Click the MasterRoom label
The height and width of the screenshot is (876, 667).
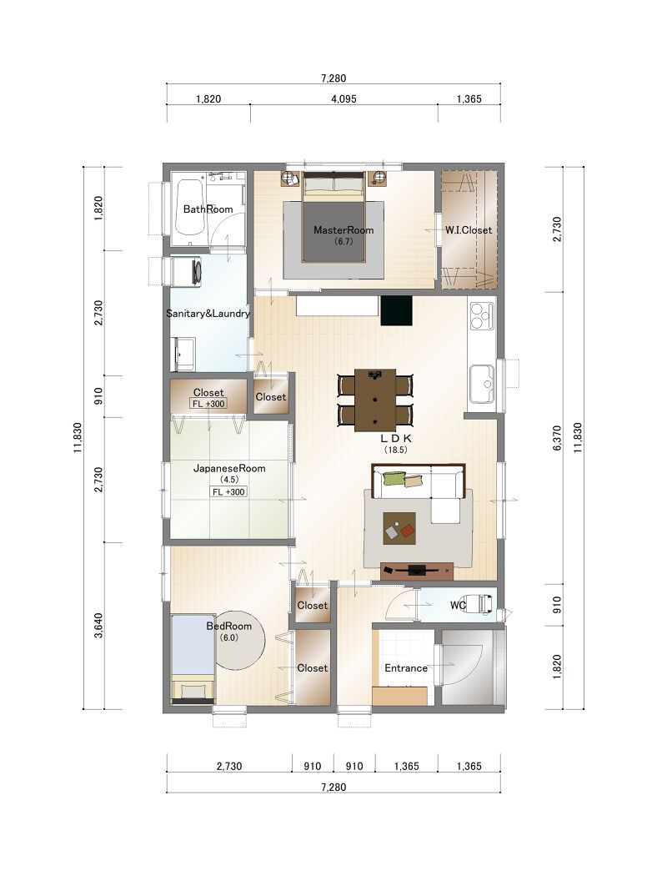[344, 229]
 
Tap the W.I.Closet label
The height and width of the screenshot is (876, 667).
[469, 229]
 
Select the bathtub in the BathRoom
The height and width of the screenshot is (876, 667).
[190, 208]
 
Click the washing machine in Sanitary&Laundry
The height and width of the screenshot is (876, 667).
[186, 271]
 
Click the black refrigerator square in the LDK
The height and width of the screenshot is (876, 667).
[396, 310]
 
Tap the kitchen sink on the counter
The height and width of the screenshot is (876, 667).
[481, 383]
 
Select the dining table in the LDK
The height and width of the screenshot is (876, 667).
[375, 400]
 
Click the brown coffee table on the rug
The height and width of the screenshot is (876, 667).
[399, 527]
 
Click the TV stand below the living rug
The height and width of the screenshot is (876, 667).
[417, 571]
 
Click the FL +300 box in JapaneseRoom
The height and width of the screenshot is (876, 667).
[228, 491]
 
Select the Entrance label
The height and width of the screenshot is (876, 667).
[406, 667]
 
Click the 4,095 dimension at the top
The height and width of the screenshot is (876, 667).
[344, 99]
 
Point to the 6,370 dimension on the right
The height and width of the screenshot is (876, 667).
[556, 438]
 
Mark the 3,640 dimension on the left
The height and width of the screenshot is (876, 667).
[98, 626]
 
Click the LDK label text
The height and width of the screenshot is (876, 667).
[396, 439]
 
